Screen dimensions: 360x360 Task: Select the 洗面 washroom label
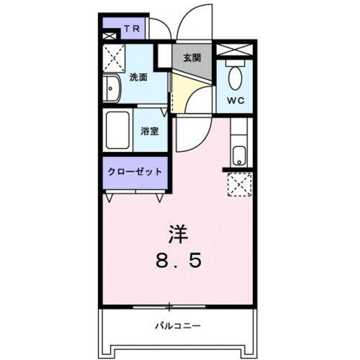138,78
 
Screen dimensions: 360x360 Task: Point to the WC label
235,101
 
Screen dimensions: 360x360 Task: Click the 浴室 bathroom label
149,132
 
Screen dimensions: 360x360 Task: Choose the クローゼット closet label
135,171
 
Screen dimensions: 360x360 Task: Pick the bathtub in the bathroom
118,131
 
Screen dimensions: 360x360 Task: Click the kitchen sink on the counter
239,154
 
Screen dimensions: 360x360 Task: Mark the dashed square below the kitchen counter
238,184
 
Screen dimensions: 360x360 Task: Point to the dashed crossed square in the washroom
115,58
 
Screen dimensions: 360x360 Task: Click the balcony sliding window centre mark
170,307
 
